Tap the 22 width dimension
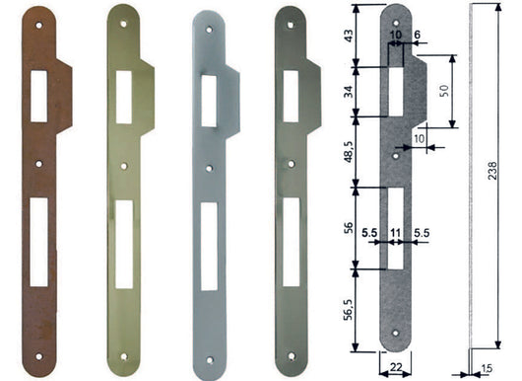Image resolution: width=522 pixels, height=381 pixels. (394, 367)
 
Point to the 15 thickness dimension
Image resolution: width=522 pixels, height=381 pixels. (488, 369)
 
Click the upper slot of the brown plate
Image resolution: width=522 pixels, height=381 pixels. (39, 96)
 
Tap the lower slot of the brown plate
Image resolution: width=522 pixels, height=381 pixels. (38, 242)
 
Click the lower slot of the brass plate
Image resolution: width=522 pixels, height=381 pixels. (123, 244)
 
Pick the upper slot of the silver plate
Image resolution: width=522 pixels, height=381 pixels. (209, 101)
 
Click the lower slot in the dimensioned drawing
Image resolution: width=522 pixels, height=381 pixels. (395, 228)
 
